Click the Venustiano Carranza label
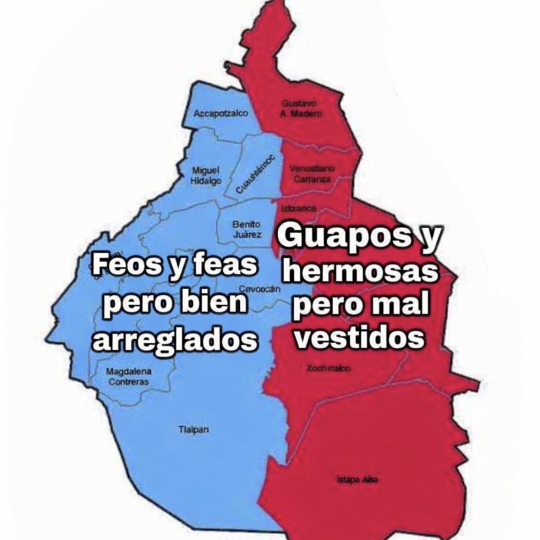pos(312,174)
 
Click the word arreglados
pos(175,339)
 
